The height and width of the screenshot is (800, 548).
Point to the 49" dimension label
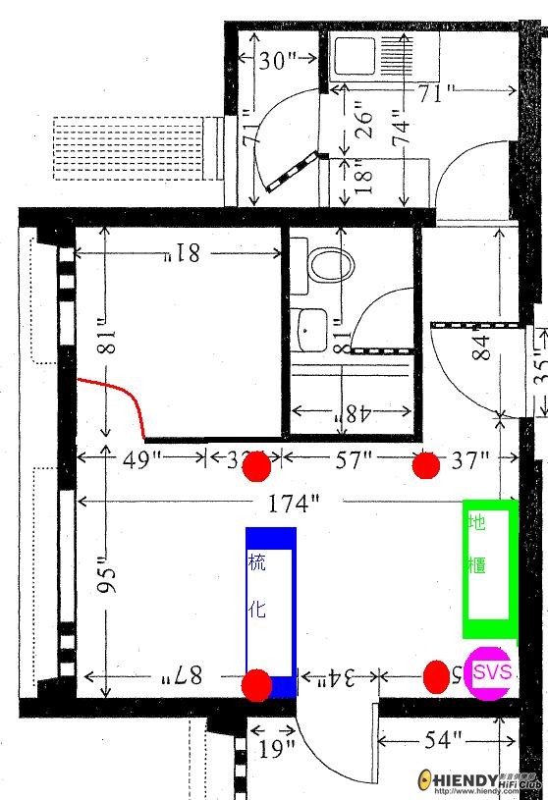[141, 458]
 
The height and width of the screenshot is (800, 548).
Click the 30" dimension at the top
[278, 61]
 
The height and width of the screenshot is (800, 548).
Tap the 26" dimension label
[364, 118]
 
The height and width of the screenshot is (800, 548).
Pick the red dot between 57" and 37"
[425, 465]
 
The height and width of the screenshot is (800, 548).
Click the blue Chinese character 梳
[257, 563]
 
